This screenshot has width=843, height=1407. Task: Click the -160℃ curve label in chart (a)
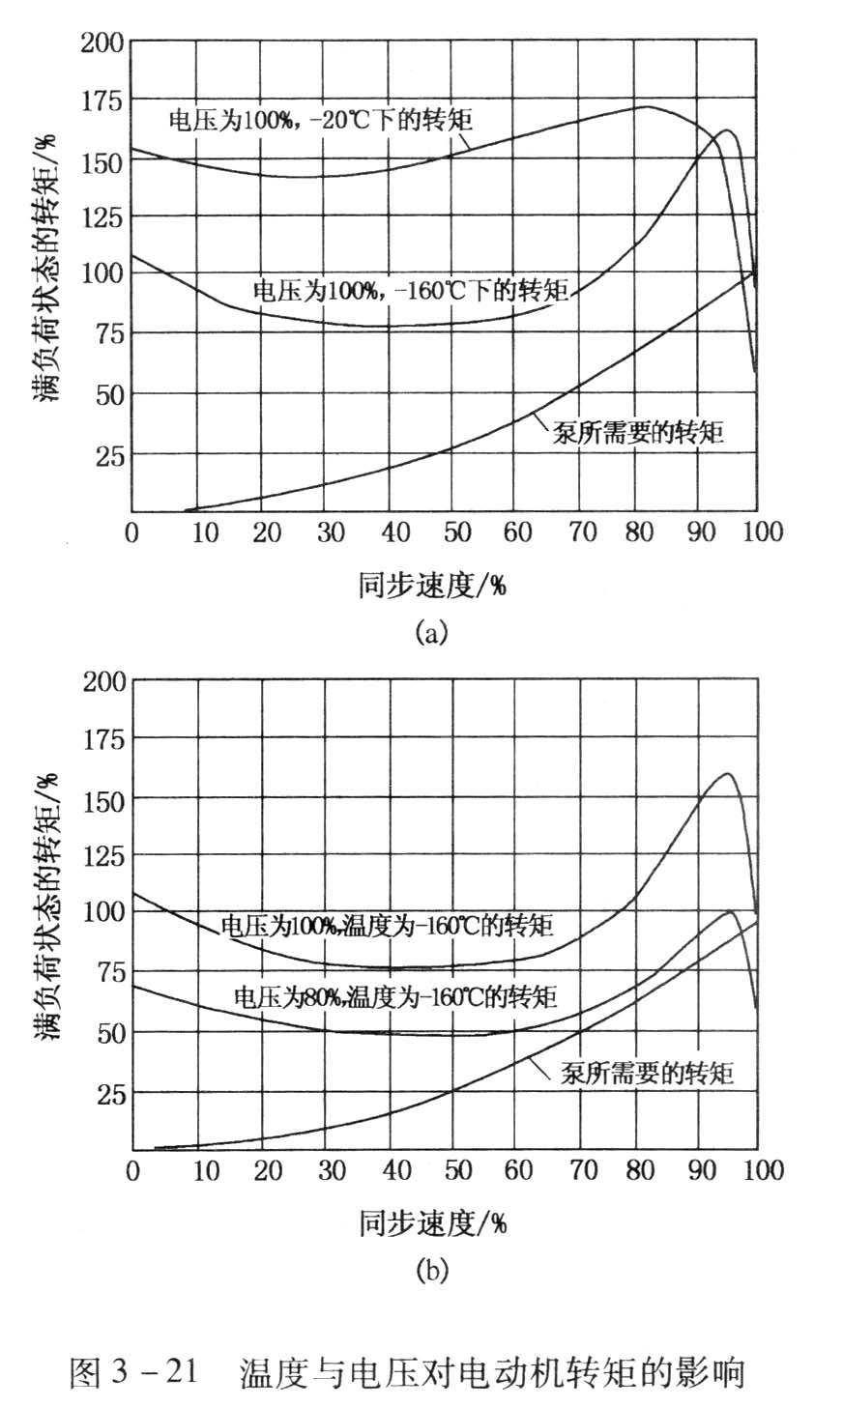(x=410, y=289)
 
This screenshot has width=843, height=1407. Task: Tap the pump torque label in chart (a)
(x=639, y=431)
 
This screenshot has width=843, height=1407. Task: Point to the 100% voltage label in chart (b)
(x=387, y=925)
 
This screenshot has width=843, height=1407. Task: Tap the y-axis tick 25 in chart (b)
(x=108, y=1094)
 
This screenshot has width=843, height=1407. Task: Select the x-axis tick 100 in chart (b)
(x=757, y=1171)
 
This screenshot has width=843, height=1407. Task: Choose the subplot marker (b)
(x=431, y=1270)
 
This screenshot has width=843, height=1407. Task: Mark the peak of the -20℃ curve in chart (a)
(x=645, y=106)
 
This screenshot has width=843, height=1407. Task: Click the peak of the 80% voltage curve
(x=730, y=911)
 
